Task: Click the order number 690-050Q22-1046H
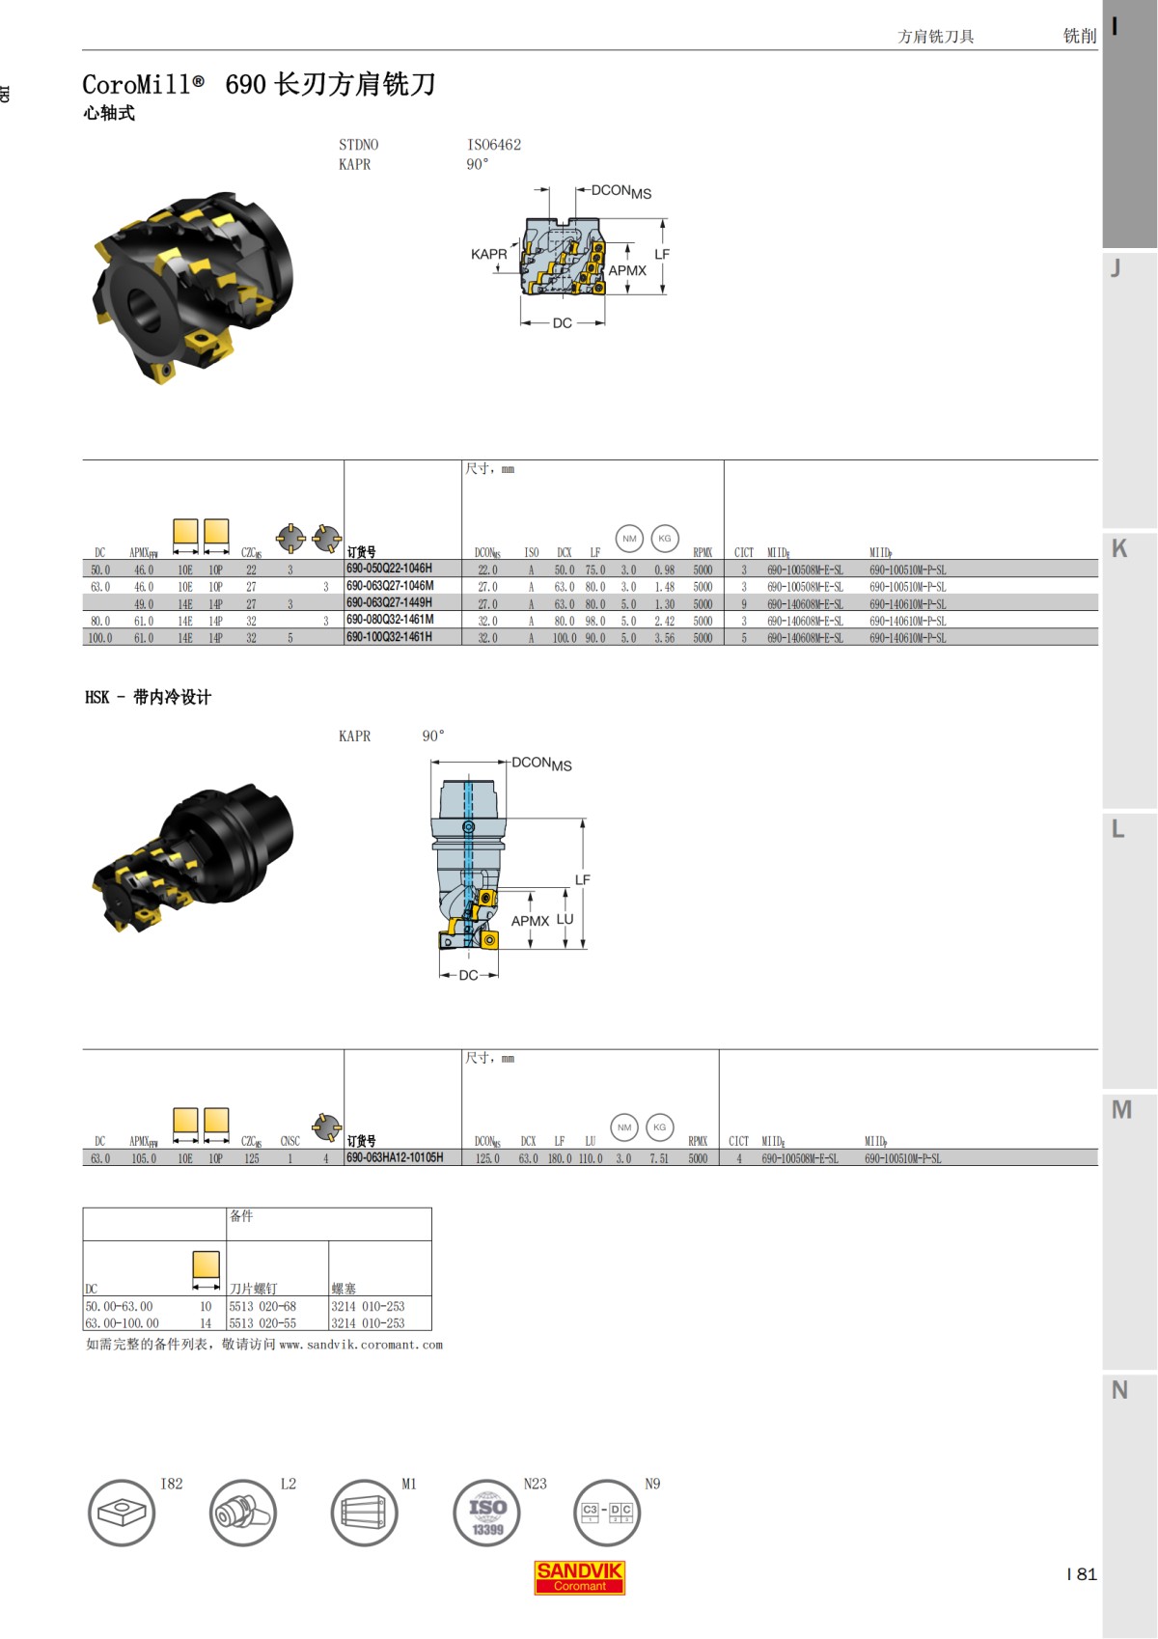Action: (x=389, y=569)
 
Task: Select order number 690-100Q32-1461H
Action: (x=389, y=637)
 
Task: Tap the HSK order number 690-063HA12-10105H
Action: (x=395, y=1157)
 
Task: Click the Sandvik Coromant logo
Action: (x=579, y=1577)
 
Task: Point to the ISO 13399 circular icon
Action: (x=487, y=1513)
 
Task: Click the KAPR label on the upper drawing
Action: (x=488, y=254)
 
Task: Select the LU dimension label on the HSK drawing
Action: (x=565, y=919)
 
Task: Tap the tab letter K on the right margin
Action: (x=1119, y=548)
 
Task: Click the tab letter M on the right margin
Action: (x=1120, y=1109)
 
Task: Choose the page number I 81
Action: (x=1082, y=1573)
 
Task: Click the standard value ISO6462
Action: (x=494, y=145)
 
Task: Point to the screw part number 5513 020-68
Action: (x=262, y=1306)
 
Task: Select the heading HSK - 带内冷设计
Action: (x=148, y=697)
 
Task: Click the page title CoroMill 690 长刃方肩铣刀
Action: (x=259, y=85)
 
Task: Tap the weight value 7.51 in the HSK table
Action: (x=659, y=1158)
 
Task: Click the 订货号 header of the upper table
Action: (x=361, y=552)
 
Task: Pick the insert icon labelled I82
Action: (x=122, y=1513)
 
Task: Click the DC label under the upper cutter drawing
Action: (x=563, y=323)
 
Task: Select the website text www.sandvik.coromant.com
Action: (x=361, y=1345)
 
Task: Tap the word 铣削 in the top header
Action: (x=1079, y=36)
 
